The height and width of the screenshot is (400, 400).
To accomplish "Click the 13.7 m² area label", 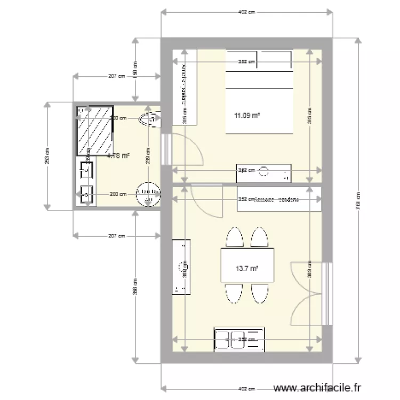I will click(x=246, y=269).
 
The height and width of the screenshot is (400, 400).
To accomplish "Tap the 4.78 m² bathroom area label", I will click(x=118, y=156).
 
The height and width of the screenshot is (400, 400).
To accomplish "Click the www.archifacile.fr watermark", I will click(x=316, y=388).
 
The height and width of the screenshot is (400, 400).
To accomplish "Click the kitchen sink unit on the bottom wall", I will click(x=239, y=339).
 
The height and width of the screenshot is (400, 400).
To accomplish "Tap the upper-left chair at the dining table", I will click(x=233, y=238).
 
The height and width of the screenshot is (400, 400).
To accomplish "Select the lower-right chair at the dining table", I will click(x=260, y=293).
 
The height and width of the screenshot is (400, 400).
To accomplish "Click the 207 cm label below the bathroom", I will click(x=116, y=235).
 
